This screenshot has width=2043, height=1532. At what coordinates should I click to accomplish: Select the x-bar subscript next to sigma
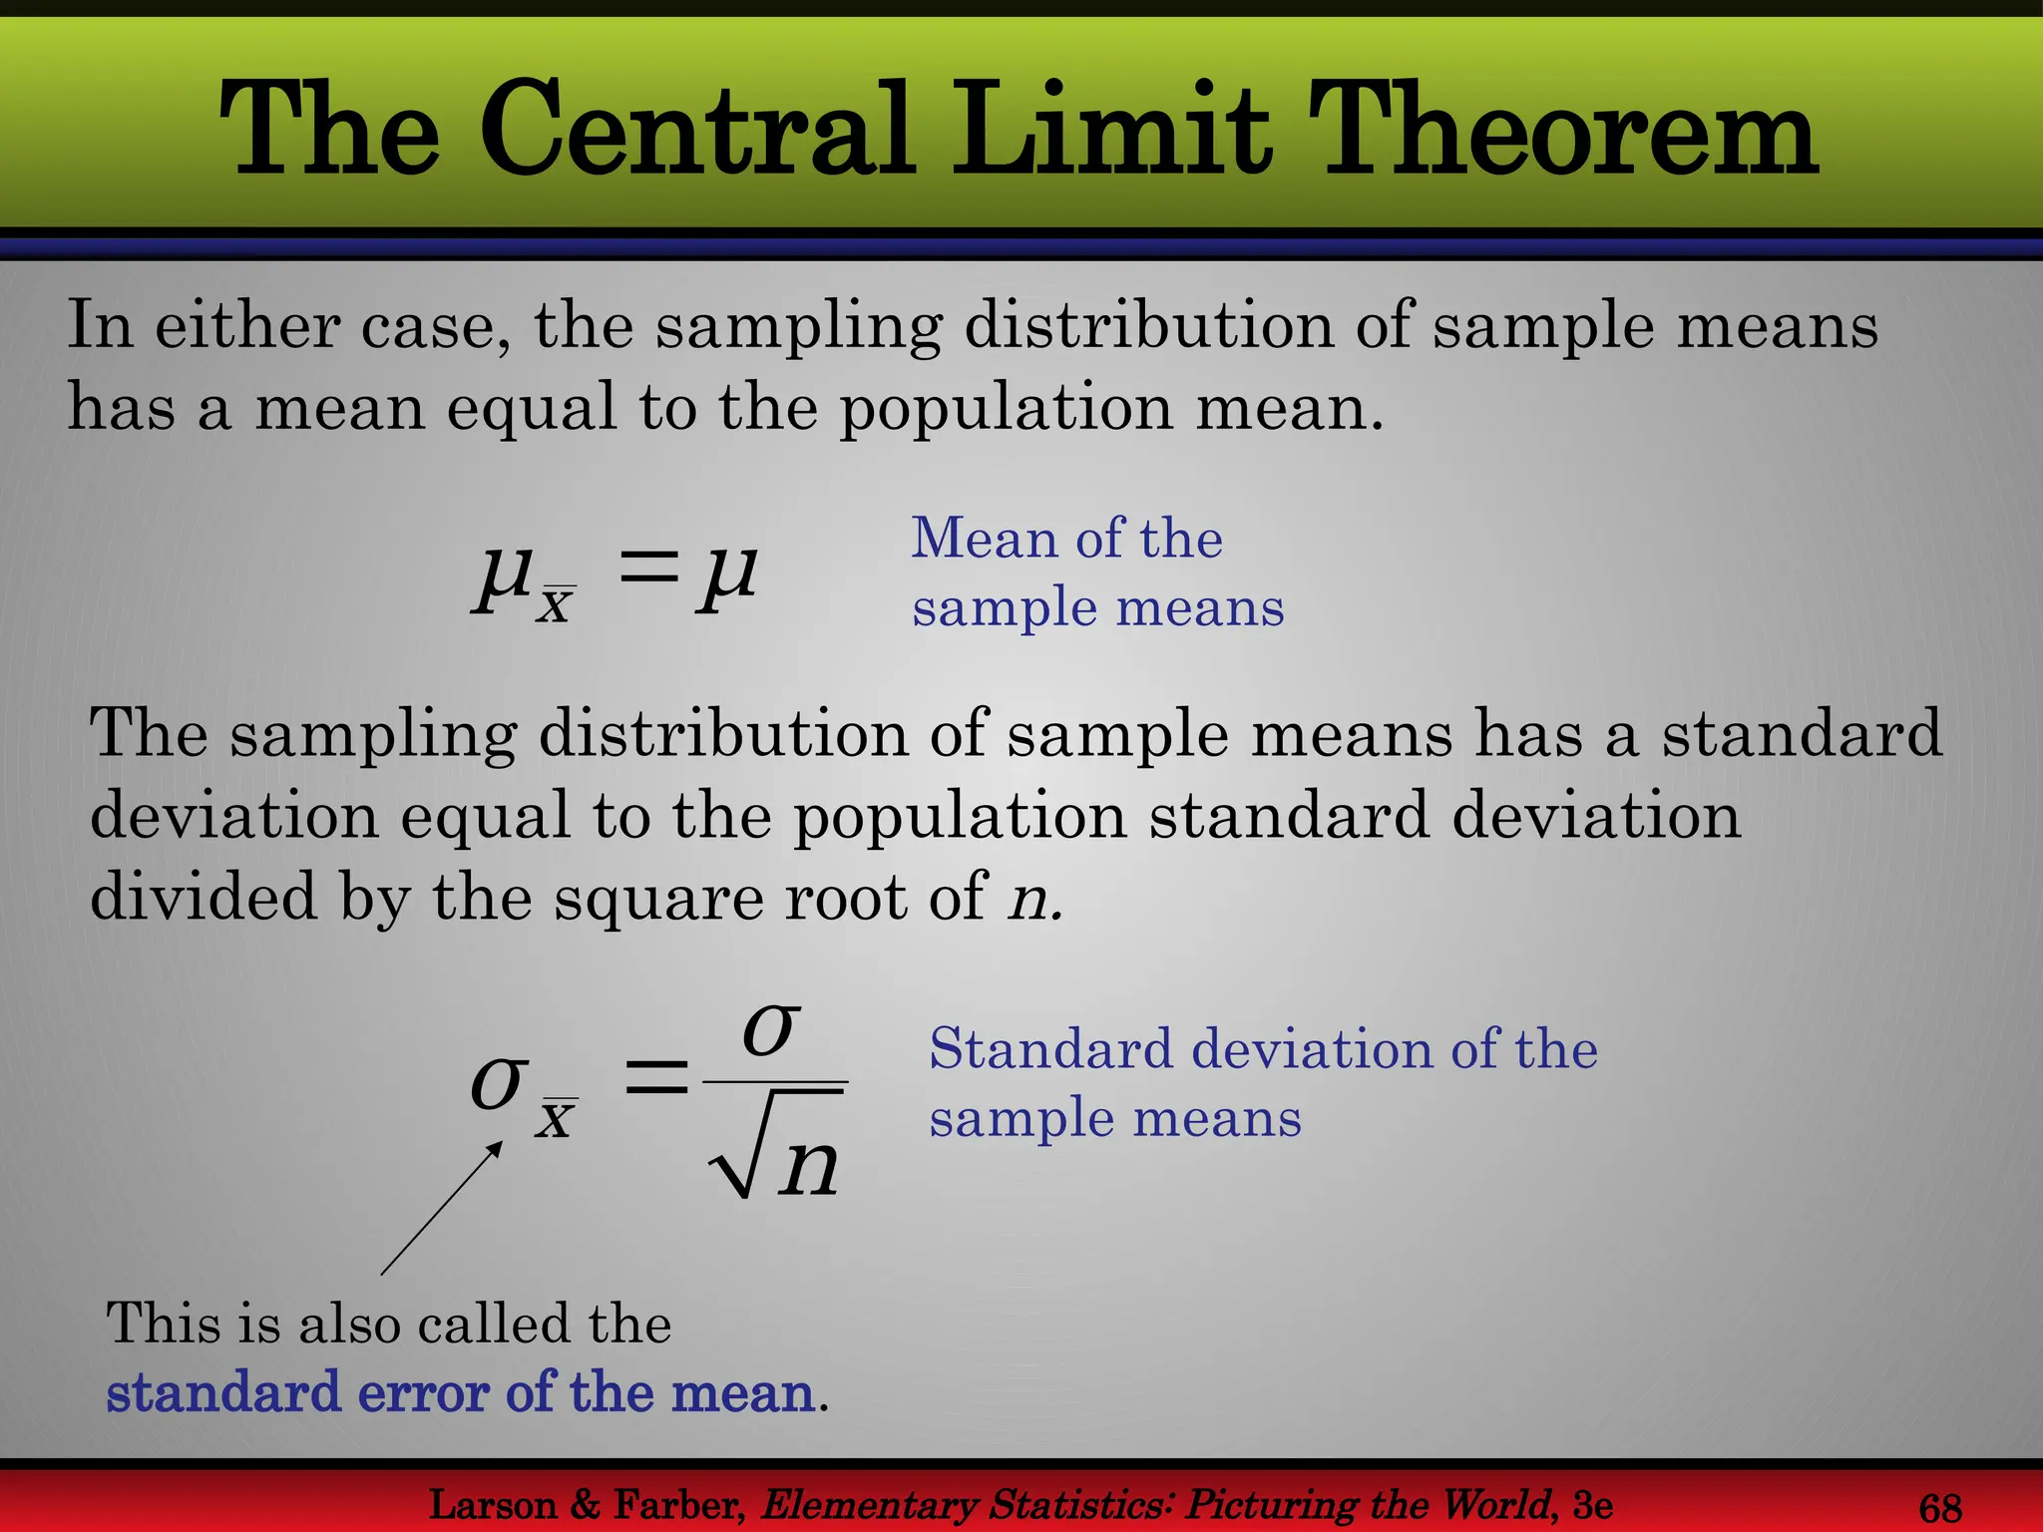point(556,1118)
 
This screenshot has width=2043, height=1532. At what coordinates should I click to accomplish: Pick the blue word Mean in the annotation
point(984,539)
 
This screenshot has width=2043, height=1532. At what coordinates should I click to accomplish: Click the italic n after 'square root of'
point(1030,898)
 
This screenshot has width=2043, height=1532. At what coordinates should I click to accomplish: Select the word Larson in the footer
point(492,1505)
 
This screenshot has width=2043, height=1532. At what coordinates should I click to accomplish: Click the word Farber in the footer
point(677,1505)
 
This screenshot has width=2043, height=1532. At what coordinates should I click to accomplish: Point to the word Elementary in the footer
point(868,1505)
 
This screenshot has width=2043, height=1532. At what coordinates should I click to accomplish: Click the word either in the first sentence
point(245,325)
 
